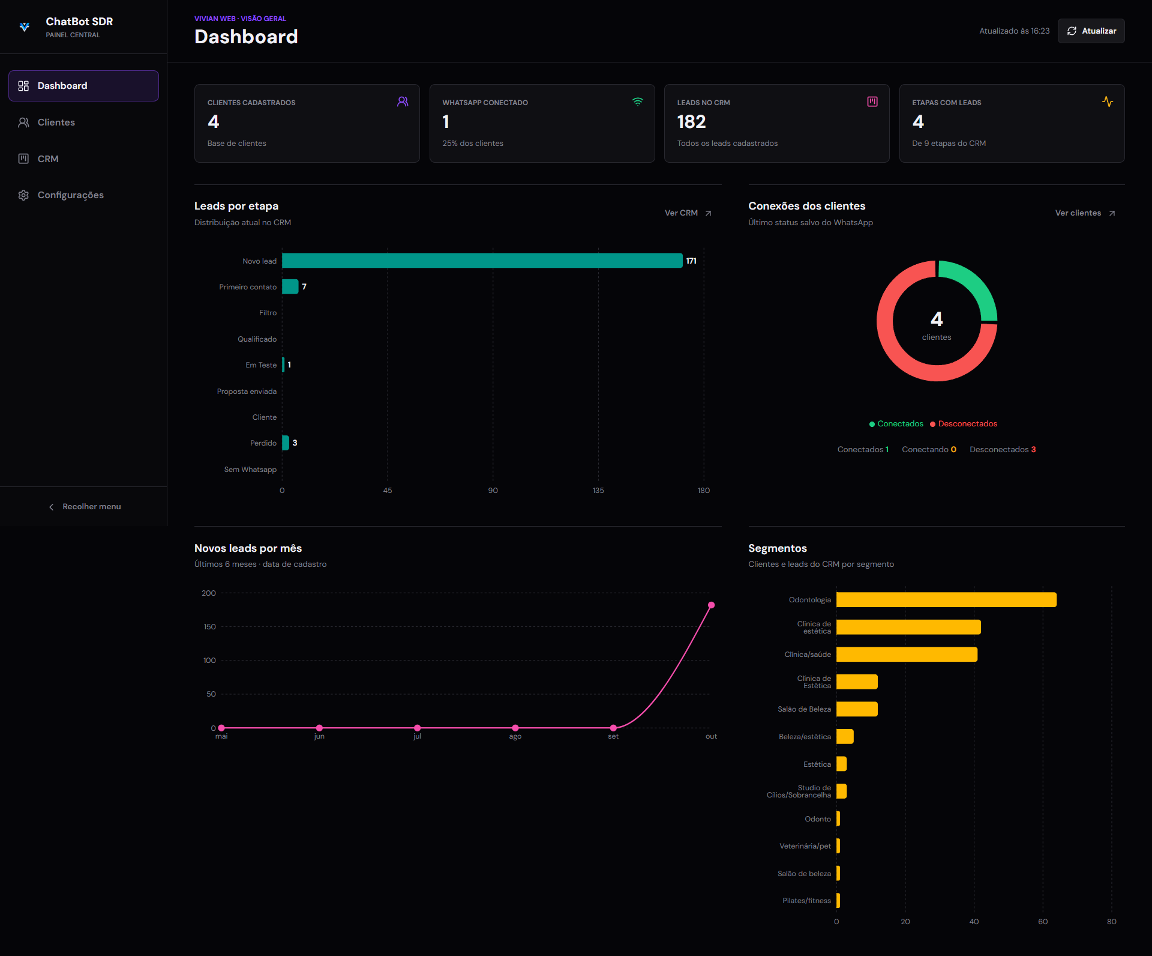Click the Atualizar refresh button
(x=1091, y=31)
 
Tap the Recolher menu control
(x=84, y=507)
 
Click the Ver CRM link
(x=688, y=213)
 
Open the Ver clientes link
(x=1085, y=213)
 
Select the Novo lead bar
(x=482, y=261)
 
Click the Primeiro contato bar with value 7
(x=290, y=286)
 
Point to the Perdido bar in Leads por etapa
(x=286, y=443)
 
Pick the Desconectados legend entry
(x=964, y=424)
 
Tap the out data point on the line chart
(x=711, y=605)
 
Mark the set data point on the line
(x=613, y=728)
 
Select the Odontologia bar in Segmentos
(x=946, y=600)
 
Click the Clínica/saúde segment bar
(x=907, y=655)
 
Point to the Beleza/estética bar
(x=845, y=737)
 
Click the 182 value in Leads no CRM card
(x=691, y=122)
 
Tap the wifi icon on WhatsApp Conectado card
(x=638, y=102)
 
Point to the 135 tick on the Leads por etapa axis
(x=598, y=491)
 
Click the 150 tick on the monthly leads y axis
(x=209, y=627)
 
